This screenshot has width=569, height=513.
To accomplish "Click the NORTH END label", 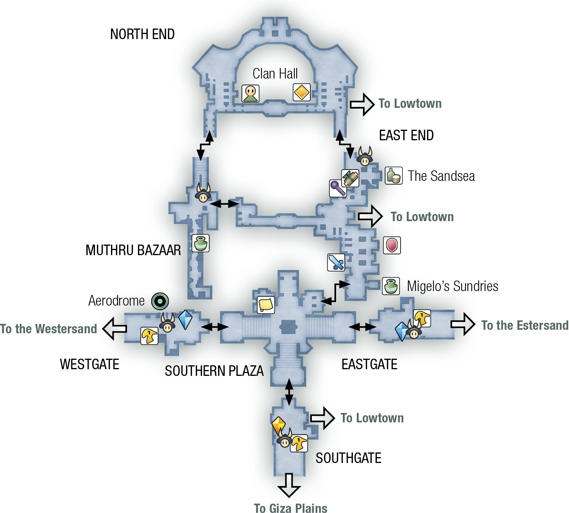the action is pos(142,34).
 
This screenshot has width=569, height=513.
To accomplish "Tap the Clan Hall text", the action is pos(275,74).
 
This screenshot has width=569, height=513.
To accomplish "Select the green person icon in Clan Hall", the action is pos(250,93).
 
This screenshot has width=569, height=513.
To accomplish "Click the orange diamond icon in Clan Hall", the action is pos(302,92).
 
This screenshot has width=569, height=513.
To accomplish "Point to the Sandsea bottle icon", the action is pos(394,175).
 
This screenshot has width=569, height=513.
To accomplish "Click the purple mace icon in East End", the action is pos(338,188).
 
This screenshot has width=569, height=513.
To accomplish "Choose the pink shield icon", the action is pos(392,245).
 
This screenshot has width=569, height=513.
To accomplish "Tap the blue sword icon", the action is pos(336,262).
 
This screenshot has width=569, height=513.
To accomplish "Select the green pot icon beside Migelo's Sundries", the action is pos(391,286).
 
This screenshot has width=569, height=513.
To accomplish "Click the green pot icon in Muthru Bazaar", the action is pos(200,243).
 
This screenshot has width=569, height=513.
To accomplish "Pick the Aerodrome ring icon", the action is pos(160,301).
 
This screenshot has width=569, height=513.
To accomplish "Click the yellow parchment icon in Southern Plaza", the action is pos(266,305).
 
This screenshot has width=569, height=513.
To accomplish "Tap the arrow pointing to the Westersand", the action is pos(115,328).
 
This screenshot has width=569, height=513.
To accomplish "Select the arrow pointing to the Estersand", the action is pos(463,324).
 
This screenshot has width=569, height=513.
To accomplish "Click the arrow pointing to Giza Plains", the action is pos(289,485).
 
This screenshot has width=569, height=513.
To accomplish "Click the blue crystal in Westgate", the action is pos(185,319).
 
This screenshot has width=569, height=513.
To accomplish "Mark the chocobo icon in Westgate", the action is pos(150,336).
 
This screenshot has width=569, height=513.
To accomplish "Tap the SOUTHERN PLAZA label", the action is pos(214,371).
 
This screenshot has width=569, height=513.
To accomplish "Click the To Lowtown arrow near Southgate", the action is pos(322,418).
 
